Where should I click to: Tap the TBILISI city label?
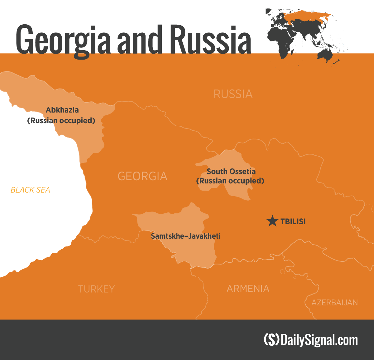coord(293,221)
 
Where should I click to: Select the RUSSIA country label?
coord(233,94)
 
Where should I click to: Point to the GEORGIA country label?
coord(142,176)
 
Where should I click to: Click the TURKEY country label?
coord(96,289)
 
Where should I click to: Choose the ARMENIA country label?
coord(248,289)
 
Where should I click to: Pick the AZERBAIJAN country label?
coord(334,302)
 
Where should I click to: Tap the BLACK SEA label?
coord(30,190)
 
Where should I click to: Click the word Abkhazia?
coord(62,110)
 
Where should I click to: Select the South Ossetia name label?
coord(231,171)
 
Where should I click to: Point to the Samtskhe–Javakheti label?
coord(186,236)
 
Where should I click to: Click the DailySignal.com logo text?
coord(319,340)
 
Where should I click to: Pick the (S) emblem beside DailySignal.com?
coord(271,340)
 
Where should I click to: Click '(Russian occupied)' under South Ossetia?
coord(230,181)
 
